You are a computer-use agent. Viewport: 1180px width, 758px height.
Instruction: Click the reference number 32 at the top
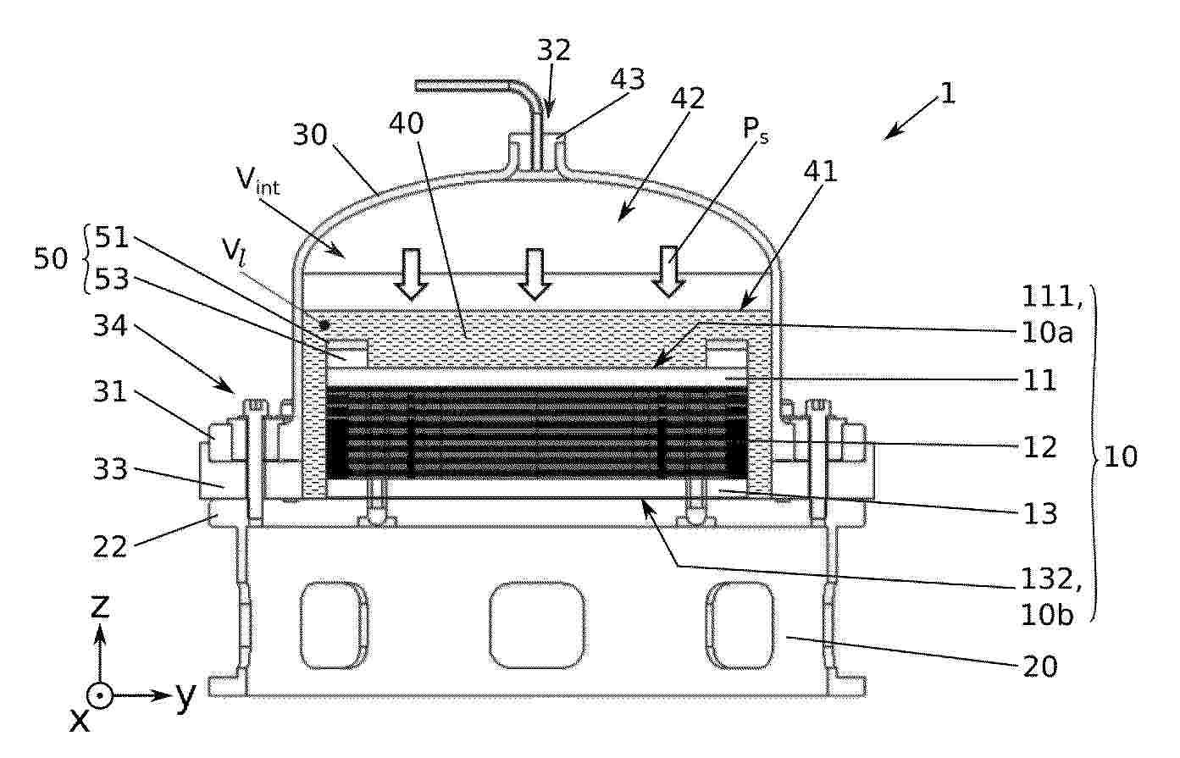(554, 50)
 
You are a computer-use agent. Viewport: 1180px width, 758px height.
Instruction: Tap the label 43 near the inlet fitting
(628, 79)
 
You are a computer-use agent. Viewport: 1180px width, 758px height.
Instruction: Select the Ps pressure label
(756, 129)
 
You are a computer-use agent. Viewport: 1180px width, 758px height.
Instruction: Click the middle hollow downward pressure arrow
(535, 274)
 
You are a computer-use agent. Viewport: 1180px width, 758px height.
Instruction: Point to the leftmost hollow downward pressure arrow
(412, 274)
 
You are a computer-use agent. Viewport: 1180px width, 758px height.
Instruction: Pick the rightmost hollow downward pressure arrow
(668, 272)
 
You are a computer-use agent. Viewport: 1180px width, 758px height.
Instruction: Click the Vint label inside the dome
(258, 180)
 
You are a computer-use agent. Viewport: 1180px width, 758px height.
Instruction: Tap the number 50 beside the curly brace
(51, 258)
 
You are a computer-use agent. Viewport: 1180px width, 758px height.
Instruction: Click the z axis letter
(100, 606)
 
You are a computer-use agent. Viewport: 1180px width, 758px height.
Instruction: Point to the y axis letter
(186, 696)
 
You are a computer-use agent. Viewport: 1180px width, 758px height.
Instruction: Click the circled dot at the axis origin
(100, 697)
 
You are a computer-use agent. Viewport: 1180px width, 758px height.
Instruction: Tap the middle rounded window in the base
(537, 625)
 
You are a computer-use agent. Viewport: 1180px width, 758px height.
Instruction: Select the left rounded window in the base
(334, 625)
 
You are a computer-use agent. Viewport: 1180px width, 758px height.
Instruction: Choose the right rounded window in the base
(740, 625)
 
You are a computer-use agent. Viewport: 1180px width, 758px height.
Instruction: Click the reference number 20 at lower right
(1040, 667)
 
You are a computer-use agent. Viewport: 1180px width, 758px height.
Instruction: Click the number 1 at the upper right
(948, 93)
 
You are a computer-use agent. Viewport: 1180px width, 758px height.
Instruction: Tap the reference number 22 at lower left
(110, 547)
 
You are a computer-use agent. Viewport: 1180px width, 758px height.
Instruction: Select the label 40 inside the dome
(406, 124)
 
